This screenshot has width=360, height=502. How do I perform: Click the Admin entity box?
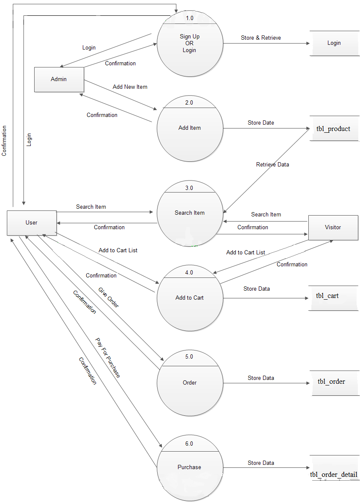click(x=59, y=79)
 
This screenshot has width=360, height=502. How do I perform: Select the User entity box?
click(x=32, y=223)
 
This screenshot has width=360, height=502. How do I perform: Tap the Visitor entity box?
click(x=333, y=228)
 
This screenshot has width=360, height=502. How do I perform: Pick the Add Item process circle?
click(x=190, y=128)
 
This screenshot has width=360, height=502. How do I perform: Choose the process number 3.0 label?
click(x=189, y=188)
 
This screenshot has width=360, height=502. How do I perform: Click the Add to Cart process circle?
click(x=190, y=298)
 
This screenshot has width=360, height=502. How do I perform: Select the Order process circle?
click(x=190, y=383)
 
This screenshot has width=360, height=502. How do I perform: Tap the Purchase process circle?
click(x=190, y=467)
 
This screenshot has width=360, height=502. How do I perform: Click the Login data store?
click(x=334, y=43)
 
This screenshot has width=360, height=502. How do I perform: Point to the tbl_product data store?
click(x=334, y=128)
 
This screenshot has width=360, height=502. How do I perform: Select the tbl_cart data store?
click(x=328, y=296)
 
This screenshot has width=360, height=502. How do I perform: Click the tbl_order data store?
click(x=331, y=382)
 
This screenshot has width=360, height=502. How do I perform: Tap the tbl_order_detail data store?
click(x=334, y=475)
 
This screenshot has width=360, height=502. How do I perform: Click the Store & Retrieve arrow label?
click(x=261, y=38)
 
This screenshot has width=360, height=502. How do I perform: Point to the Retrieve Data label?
click(x=272, y=164)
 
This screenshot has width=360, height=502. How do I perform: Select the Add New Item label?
click(x=130, y=87)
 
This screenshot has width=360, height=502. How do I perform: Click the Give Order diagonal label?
click(x=109, y=298)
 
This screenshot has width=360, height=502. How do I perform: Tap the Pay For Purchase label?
click(x=108, y=358)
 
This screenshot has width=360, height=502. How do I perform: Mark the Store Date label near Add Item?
click(x=261, y=123)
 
